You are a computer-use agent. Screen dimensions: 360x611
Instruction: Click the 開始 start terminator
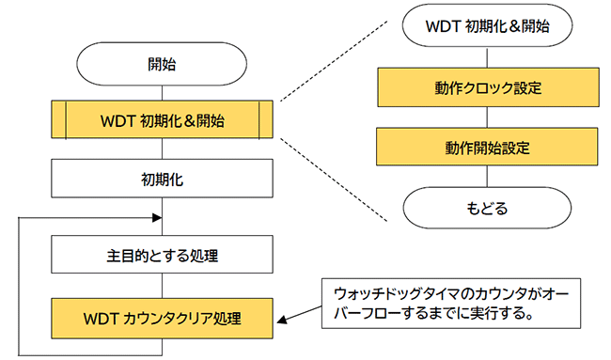pyautogui.click(x=163, y=66)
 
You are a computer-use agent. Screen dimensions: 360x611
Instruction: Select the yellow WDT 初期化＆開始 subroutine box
pyautogui.click(x=163, y=120)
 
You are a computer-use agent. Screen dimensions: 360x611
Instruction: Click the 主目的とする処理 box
pyautogui.click(x=163, y=253)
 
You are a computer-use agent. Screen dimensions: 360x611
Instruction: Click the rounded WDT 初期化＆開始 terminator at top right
pyautogui.click(x=488, y=26)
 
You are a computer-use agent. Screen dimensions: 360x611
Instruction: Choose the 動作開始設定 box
pyautogui.click(x=488, y=148)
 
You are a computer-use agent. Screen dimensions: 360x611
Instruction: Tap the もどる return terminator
pyautogui.click(x=488, y=208)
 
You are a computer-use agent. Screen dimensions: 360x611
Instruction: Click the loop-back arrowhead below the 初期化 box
pyautogui.click(x=156, y=215)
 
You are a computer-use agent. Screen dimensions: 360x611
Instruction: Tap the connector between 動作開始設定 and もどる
pyautogui.click(x=488, y=177)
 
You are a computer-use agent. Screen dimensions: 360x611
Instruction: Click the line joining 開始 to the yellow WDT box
pyautogui.click(x=163, y=93)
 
